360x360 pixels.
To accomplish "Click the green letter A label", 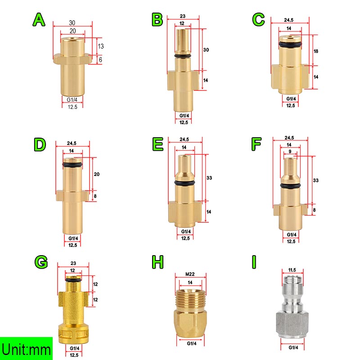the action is point(39,20).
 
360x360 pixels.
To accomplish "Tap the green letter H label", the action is point(158,262).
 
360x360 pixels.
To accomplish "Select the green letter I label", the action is point(254,262).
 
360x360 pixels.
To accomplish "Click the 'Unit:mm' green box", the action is point(26,348).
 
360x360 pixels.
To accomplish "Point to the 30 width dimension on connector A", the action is point(72,23).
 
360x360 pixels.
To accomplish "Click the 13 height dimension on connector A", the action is point(100,46).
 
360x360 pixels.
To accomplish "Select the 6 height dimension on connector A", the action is point(100,60).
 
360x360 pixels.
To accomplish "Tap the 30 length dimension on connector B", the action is point(206,49).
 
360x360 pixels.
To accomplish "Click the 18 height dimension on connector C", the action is point(316,51).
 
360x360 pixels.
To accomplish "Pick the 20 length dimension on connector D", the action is point(97,174).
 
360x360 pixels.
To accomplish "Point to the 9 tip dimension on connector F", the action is point(290,152).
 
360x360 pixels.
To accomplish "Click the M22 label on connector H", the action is point(190,274).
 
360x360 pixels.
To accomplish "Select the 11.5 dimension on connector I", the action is point(292,270).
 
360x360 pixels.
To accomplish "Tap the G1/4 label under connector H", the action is point(192,343).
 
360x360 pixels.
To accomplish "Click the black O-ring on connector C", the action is point(290,44).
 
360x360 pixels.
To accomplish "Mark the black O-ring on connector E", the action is point(184,183).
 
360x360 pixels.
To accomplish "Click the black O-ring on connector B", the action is point(183,56).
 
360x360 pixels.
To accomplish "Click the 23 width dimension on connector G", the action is point(73,263).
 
